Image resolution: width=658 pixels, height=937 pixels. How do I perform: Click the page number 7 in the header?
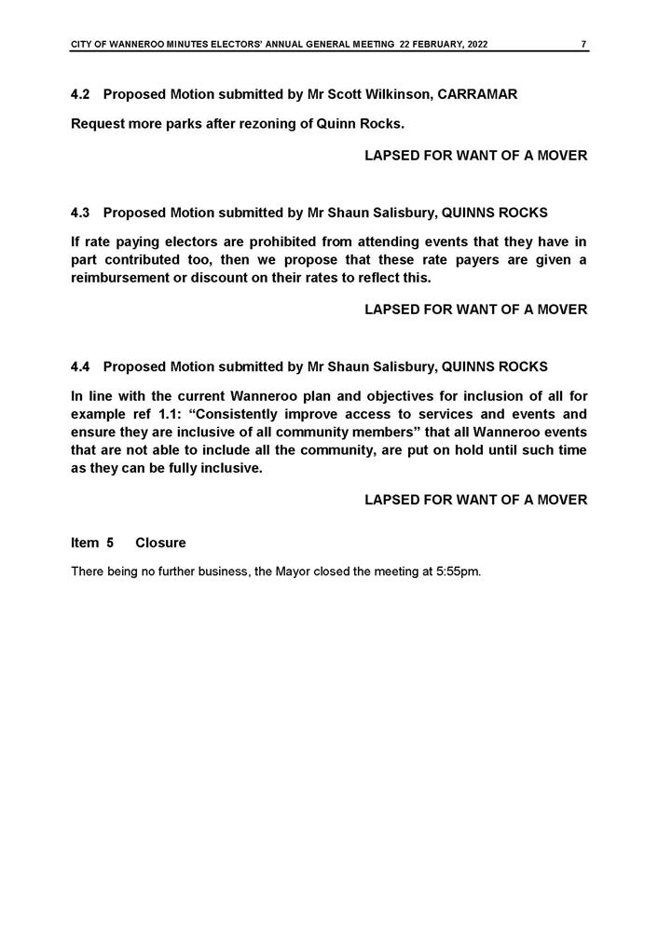point(583,44)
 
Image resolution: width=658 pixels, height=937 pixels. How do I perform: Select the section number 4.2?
point(81,95)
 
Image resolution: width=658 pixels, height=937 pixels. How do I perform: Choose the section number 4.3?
point(81,213)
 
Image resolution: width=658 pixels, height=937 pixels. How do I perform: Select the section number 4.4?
point(81,366)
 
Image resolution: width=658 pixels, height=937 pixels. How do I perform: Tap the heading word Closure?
point(160,543)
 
